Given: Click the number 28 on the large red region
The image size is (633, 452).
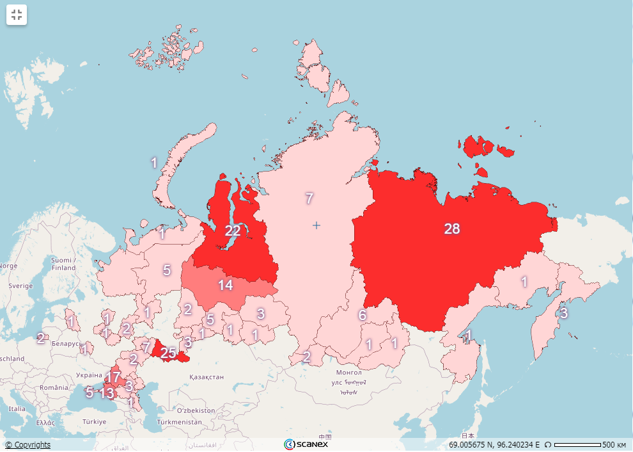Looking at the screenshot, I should pos(451,229).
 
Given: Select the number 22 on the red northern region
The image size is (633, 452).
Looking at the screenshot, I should pos(233,230).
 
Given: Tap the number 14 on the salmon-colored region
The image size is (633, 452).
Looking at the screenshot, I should pos(226,285).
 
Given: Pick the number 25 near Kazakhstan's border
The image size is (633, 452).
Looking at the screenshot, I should pos(168,352).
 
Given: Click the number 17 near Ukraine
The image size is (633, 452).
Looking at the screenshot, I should pos(113,376).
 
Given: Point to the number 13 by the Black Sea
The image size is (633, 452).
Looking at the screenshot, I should pos(106,392).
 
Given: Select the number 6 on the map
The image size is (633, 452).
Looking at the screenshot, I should pos(362,315).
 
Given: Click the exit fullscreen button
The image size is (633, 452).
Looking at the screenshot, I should pos(17,15).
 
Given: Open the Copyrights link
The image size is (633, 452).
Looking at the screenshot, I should pos(27,444).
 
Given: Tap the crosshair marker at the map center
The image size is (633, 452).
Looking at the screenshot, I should pos(316,225).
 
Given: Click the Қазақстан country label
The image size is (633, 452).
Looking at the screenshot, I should pos(207,377).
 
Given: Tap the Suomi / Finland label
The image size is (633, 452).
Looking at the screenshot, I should pos(63,264).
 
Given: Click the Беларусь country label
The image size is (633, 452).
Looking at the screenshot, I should pos(66,343).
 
